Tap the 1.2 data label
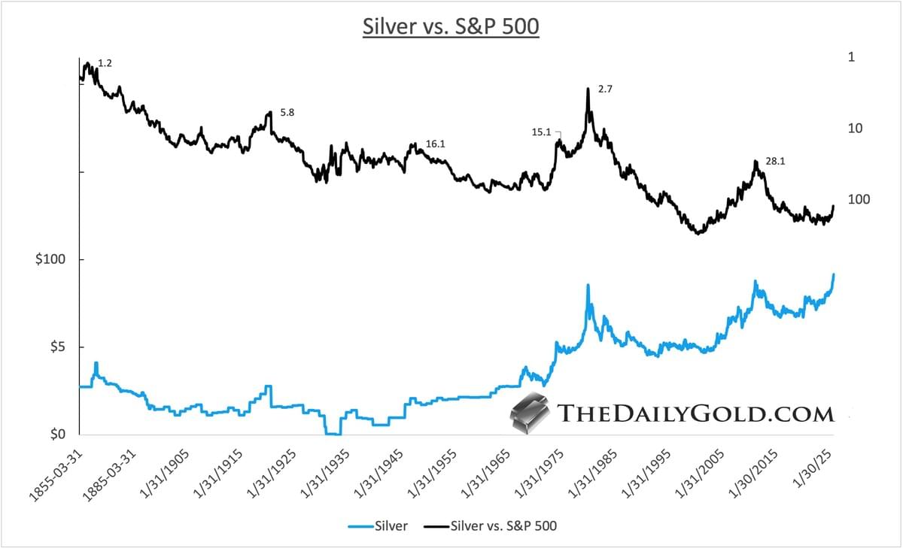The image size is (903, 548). [x=105, y=64]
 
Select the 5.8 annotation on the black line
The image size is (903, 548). [x=287, y=113]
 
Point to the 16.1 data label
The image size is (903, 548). [x=436, y=144]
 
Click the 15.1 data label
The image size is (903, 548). [x=541, y=132]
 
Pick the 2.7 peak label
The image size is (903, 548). [x=606, y=89]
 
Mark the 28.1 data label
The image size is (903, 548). [x=776, y=161]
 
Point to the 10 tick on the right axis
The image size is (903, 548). [x=856, y=129]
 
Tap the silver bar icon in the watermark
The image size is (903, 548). [x=530, y=414]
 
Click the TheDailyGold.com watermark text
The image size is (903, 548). [x=695, y=414]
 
